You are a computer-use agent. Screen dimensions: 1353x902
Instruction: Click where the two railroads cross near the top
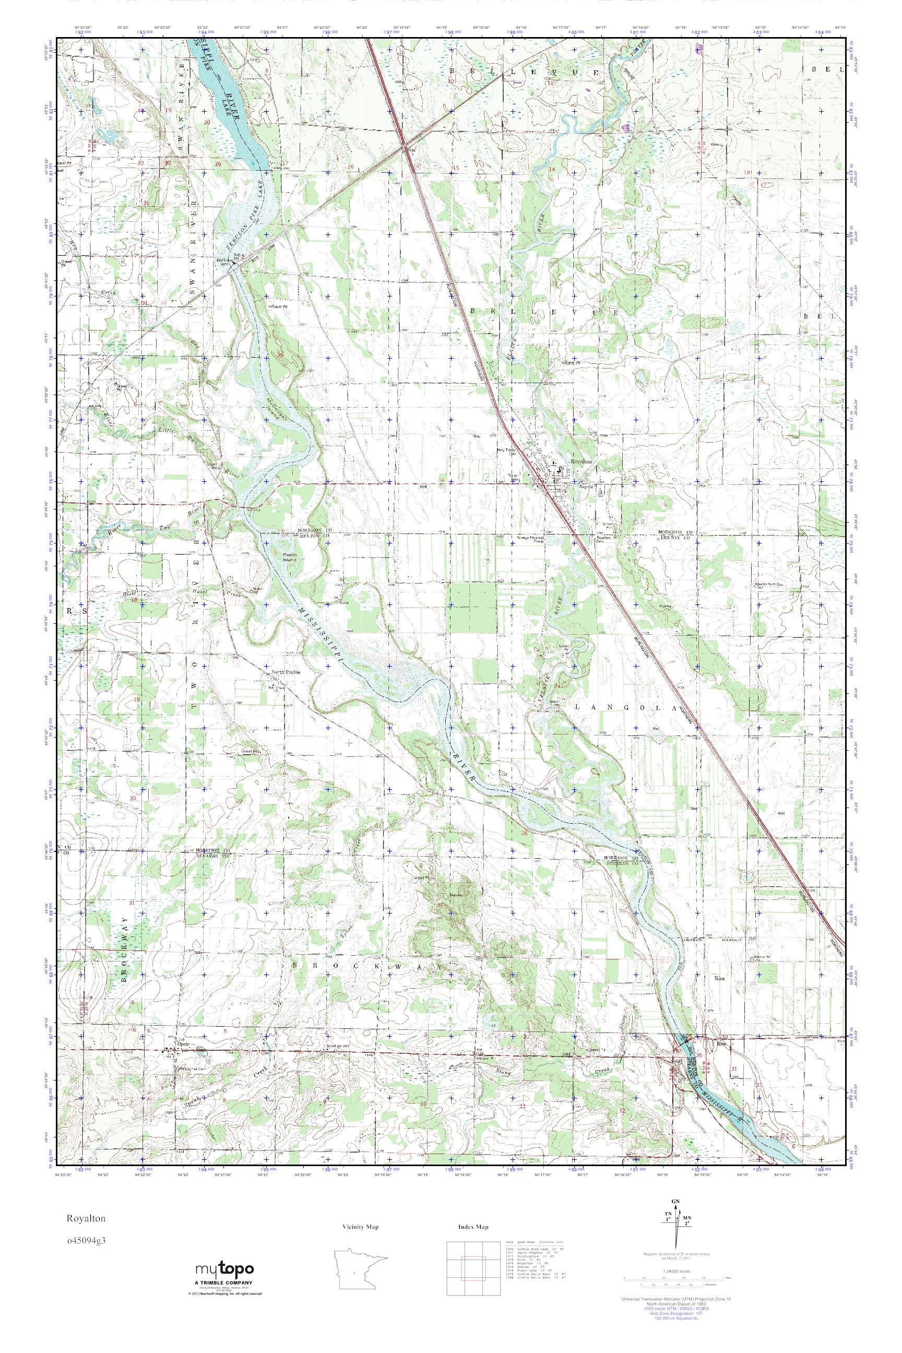tap(405, 142)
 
